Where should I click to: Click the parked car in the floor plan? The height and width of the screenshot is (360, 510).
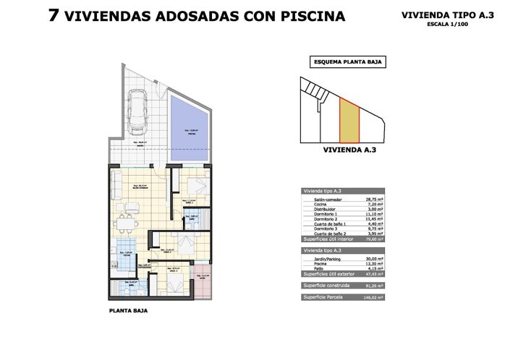[x=137, y=114]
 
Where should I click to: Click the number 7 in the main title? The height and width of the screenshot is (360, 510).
[x=54, y=16]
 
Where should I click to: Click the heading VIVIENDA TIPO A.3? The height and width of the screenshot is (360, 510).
[x=447, y=14]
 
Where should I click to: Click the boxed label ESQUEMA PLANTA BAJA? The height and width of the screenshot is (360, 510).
[x=347, y=62]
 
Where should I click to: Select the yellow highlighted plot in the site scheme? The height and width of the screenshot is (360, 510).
[x=349, y=121]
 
